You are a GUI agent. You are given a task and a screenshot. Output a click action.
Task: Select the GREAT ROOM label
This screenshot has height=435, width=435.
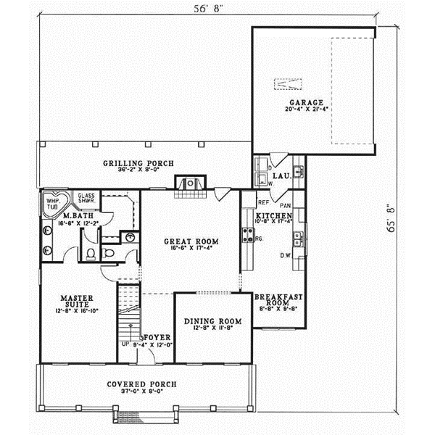[x=191, y=241]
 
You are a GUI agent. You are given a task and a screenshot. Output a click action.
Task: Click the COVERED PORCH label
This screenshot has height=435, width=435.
[x=142, y=384]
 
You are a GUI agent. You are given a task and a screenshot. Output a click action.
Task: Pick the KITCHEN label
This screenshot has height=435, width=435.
[x=273, y=216]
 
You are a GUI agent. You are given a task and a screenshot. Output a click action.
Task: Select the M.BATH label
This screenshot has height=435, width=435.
[x=75, y=216]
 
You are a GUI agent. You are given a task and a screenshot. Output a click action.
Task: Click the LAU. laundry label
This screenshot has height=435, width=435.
[x=281, y=175]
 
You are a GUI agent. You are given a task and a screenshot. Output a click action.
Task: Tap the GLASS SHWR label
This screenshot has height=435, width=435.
[x=86, y=199]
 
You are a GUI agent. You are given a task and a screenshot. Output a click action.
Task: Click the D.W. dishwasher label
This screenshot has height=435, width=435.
[x=286, y=255]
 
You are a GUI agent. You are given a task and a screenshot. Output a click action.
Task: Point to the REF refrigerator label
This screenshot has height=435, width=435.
[x=264, y=204]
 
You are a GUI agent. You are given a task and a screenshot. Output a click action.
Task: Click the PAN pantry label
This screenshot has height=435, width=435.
[x=284, y=204]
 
